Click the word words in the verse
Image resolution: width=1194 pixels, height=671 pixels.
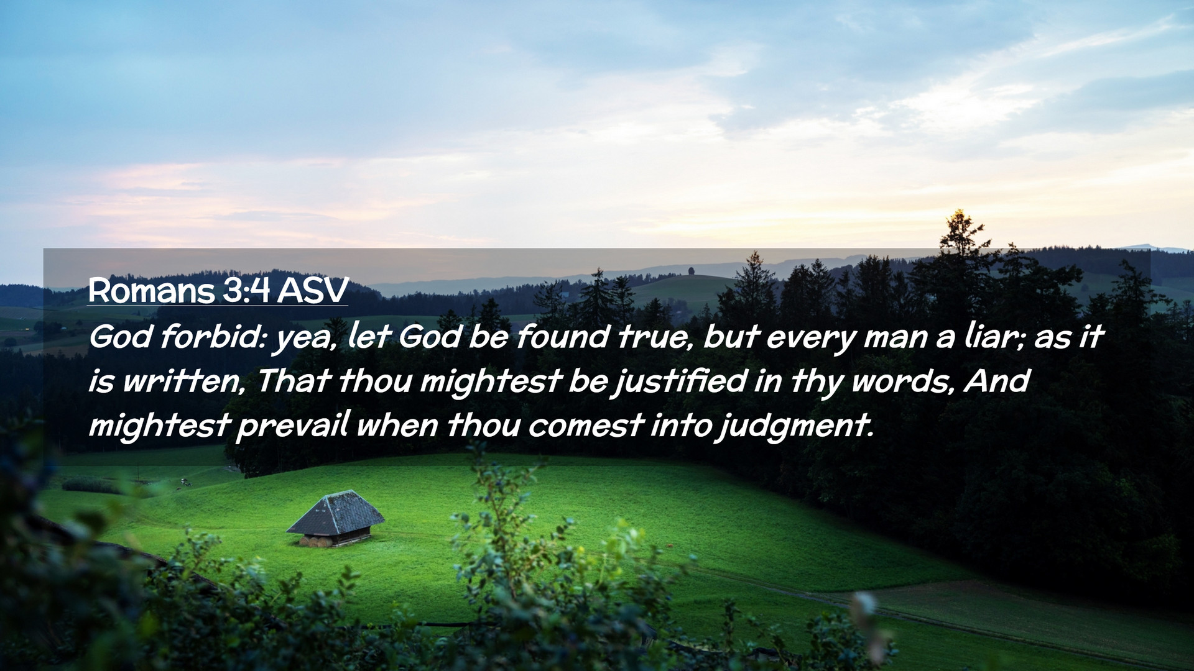pyautogui.click(x=903, y=381)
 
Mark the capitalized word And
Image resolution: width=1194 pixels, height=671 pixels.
pyautogui.click(x=997, y=380)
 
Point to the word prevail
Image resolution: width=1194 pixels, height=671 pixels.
pyautogui.click(x=293, y=426)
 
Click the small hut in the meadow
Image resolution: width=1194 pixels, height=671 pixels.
pyautogui.click(x=336, y=518)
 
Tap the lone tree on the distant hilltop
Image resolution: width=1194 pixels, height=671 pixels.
pyautogui.click(x=691, y=271)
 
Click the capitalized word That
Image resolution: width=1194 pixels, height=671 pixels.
pyautogui.click(x=292, y=380)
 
